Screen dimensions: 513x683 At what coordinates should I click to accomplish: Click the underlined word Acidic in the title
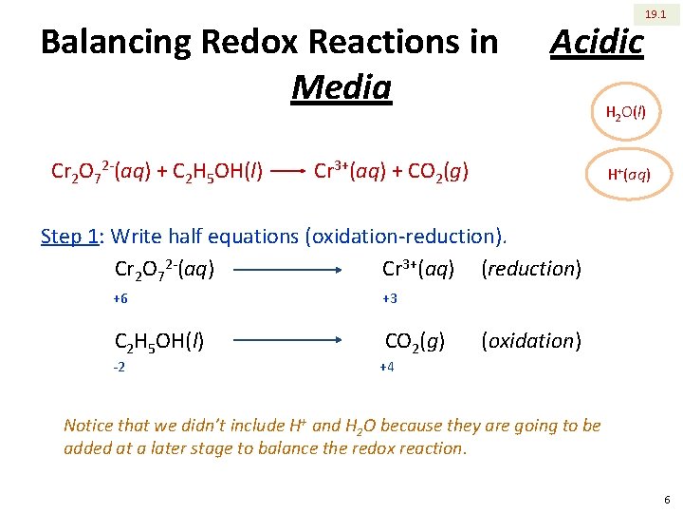tap(597, 42)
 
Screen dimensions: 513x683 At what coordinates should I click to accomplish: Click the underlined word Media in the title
tap(341, 87)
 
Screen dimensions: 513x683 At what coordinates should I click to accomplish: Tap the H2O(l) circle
tap(626, 113)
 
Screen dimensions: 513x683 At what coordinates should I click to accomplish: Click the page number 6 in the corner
tap(668, 500)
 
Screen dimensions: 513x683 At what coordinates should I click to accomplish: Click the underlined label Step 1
tap(70, 236)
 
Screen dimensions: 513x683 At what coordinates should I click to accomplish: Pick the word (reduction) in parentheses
tap(531, 269)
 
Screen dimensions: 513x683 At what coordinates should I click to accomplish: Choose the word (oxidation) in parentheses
tap(531, 340)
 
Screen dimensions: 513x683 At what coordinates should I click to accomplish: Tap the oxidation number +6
tap(120, 298)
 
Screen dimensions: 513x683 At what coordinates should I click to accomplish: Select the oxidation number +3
tap(390, 298)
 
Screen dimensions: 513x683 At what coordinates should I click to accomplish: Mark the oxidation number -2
tap(120, 367)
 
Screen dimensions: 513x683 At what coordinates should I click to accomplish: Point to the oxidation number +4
tap(387, 367)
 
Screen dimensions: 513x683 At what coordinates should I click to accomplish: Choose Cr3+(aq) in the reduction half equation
tap(418, 269)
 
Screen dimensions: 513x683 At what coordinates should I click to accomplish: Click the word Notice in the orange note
tap(90, 426)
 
